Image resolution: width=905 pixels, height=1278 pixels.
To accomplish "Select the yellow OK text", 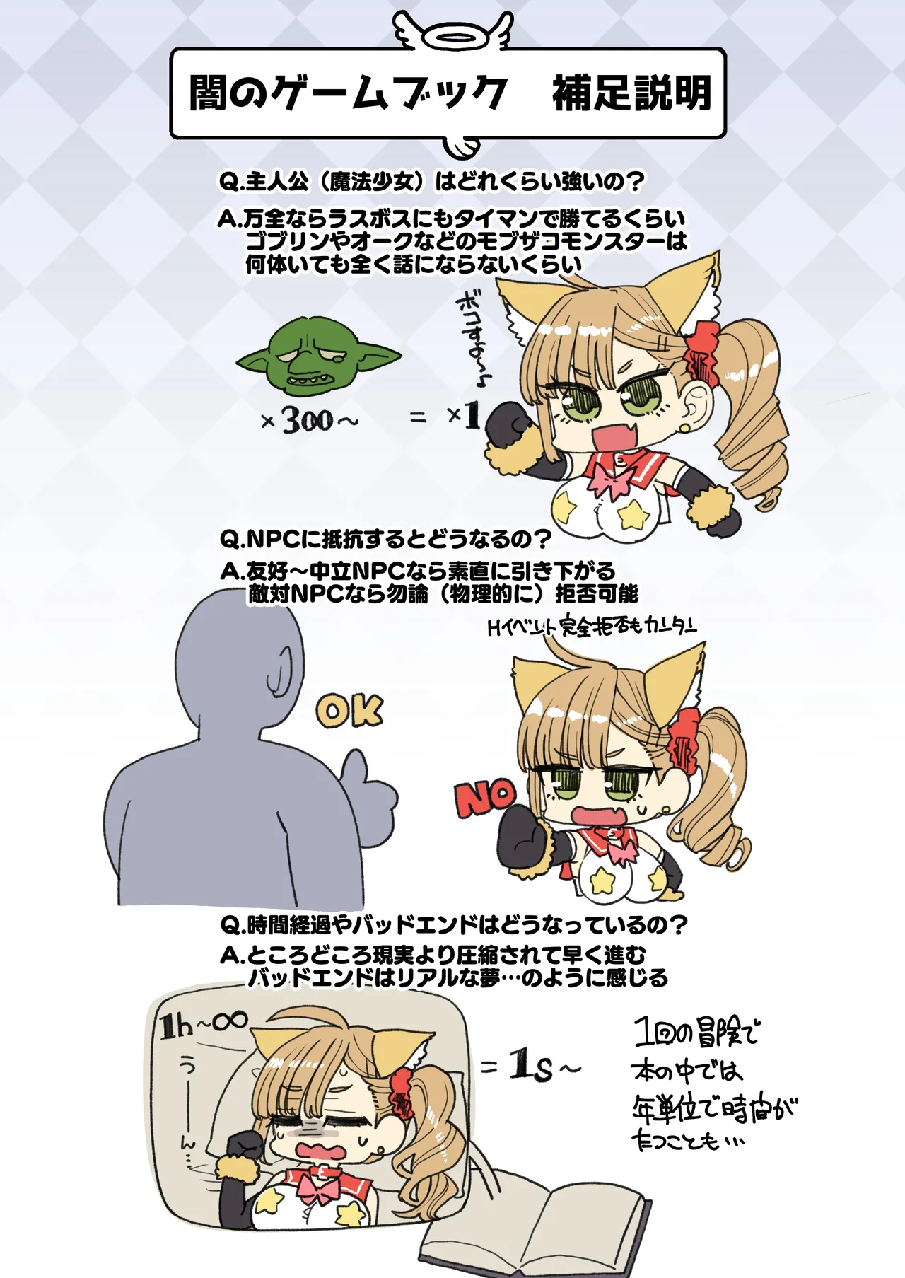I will [x=349, y=711].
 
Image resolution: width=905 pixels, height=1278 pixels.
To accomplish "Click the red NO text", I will [x=486, y=798].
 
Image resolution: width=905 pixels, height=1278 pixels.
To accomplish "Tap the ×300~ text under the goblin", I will [x=310, y=421].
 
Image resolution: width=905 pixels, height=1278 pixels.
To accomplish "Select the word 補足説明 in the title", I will [x=631, y=93].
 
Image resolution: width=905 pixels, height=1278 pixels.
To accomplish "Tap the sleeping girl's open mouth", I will [x=322, y=1149].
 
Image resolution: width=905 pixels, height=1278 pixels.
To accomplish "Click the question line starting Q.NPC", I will [x=385, y=540].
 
